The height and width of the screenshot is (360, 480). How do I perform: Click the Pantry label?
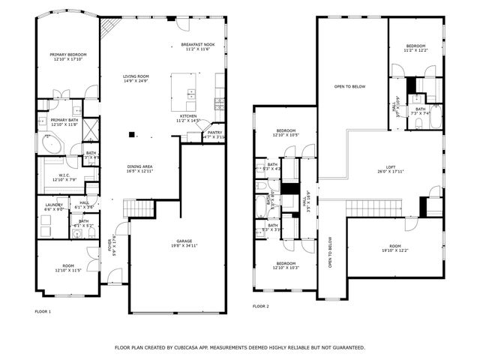click(214, 134)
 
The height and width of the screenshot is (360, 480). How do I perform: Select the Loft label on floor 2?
click(391, 169)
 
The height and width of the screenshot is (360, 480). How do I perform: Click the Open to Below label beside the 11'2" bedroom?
click(349, 87)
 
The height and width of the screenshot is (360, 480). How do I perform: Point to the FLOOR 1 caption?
click(43, 310)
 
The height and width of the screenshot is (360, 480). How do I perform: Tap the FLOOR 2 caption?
click(260, 306)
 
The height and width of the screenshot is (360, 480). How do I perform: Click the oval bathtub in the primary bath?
click(52, 144)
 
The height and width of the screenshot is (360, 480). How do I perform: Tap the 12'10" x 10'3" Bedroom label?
click(286, 265)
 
